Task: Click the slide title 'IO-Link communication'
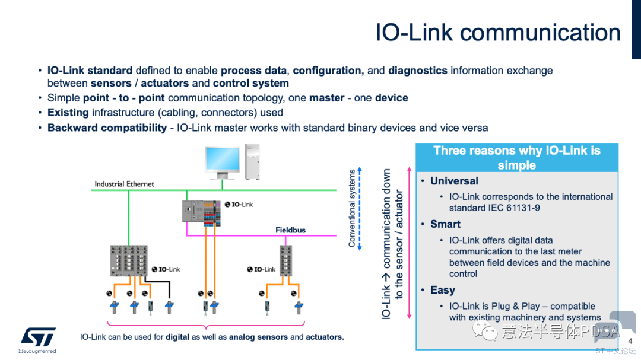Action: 498,32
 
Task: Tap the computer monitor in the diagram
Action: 223,163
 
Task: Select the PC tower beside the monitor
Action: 252,161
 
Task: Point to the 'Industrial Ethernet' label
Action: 124,184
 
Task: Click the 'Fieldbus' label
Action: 290,230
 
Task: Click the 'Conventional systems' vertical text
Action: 351,208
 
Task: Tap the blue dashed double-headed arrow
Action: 360,208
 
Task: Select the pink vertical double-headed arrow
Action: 409,243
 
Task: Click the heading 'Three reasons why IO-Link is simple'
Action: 517,158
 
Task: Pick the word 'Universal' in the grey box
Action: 454,181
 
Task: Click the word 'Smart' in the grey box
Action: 445,224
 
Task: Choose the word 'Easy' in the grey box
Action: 443,290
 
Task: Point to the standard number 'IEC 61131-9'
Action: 514,208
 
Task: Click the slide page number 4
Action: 630,341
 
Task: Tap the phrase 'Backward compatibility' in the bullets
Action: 107,128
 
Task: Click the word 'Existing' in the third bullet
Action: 68,113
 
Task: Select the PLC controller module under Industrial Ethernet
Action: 202,213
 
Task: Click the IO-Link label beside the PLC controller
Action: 239,204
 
